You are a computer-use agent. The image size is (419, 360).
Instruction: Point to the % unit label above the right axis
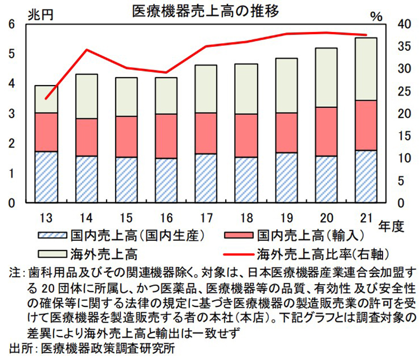(376, 16)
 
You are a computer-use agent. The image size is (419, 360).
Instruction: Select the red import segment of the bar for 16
(166, 136)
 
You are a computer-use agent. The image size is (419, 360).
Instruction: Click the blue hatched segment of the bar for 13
(46, 177)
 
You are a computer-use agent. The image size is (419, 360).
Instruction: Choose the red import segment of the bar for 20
(326, 131)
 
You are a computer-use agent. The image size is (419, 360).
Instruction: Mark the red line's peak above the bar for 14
(87, 50)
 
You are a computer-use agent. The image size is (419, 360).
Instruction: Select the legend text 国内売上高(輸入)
(296, 234)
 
